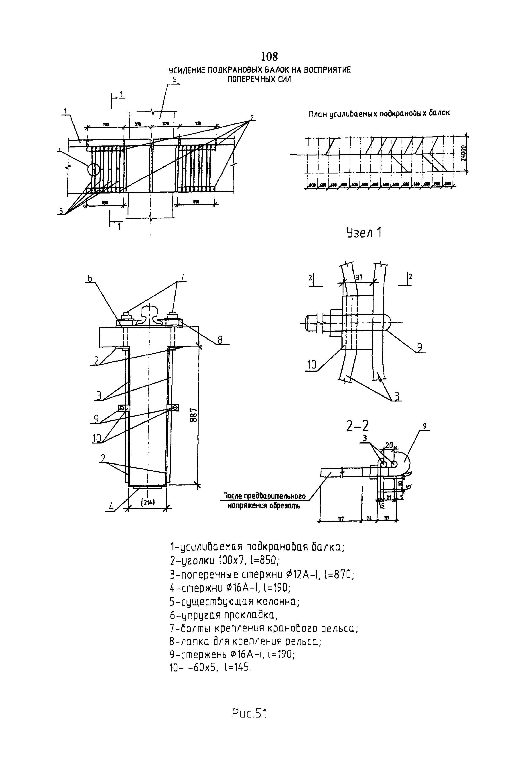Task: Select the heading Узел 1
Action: [364, 233]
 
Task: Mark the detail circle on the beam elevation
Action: [94, 169]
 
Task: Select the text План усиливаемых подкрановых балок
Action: [379, 114]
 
